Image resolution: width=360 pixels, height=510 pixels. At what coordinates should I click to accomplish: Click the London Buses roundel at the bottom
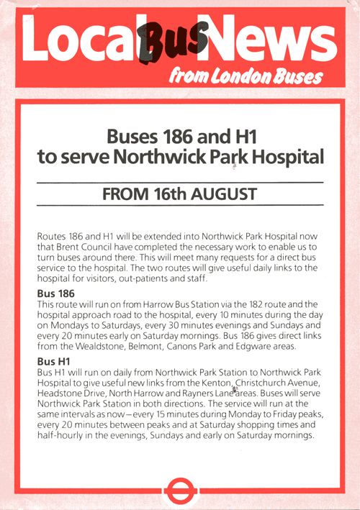coord(179,492)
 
